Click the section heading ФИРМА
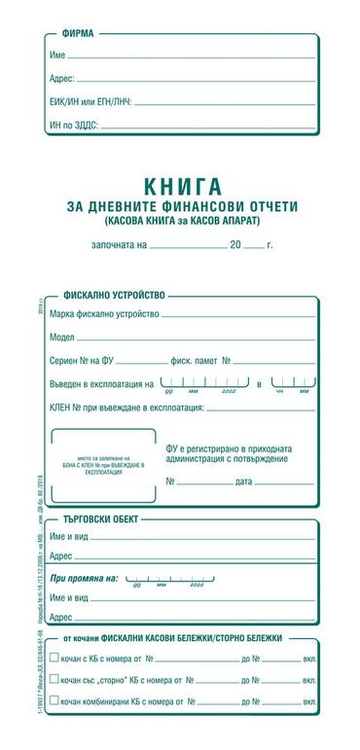(x=78, y=33)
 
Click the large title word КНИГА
(x=182, y=185)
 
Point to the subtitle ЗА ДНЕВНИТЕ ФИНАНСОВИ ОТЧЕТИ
(x=182, y=206)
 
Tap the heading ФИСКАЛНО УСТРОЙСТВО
(x=114, y=293)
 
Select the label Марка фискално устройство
(x=104, y=314)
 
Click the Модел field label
(x=62, y=338)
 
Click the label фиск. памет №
(x=199, y=361)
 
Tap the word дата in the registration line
(x=243, y=482)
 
